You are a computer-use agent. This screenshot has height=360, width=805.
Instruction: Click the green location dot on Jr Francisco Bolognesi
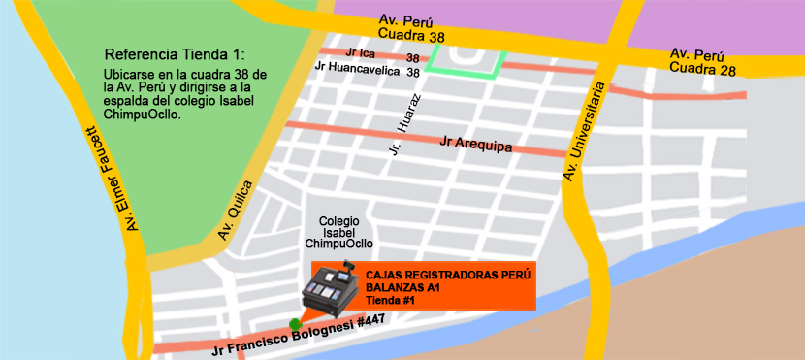[x=295, y=323]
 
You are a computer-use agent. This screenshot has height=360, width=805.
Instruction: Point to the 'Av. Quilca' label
[x=236, y=211]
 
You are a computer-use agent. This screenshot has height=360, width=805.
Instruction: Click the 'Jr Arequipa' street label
[x=475, y=145]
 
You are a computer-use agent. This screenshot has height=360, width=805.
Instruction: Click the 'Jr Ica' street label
[x=360, y=53]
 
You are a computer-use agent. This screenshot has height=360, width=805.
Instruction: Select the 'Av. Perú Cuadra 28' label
[x=702, y=60]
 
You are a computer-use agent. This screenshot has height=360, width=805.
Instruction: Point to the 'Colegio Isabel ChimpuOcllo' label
[x=339, y=233]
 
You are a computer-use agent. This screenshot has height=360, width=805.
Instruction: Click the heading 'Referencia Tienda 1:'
[x=176, y=52]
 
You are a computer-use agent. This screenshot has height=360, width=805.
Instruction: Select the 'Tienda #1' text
[x=390, y=301]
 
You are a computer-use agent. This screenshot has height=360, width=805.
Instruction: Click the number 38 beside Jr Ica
[x=412, y=58]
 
